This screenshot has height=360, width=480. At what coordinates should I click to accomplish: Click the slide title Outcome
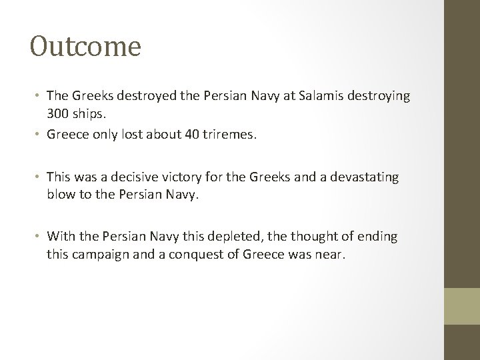(85, 47)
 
